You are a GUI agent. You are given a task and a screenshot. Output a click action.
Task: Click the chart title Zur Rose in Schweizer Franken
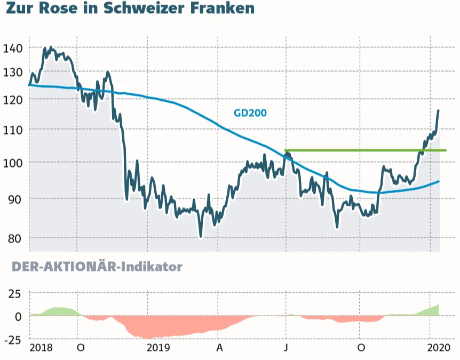click(130, 9)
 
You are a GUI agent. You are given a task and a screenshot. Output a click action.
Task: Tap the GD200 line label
click(250, 113)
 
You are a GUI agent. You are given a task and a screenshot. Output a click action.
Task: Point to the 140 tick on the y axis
click(12, 49)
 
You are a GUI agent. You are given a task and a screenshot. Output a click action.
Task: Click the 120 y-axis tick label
click(12, 100)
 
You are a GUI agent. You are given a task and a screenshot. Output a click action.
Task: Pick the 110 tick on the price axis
click(12, 130)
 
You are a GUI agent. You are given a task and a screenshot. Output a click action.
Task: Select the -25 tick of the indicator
click(12, 339)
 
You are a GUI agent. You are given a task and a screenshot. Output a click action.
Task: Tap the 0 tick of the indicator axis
click(18, 316)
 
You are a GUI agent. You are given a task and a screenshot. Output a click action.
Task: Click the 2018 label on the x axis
click(42, 348)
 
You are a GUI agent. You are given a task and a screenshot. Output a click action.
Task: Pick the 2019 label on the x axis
click(158, 348)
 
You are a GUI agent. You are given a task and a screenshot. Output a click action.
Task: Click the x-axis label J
click(287, 348)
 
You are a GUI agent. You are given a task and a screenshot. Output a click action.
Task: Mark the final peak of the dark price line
click(438, 111)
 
